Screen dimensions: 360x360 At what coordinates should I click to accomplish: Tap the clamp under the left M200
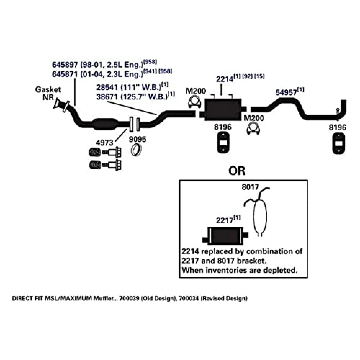click(195, 103)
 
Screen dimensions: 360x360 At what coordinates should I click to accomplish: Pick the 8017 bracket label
click(249, 188)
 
